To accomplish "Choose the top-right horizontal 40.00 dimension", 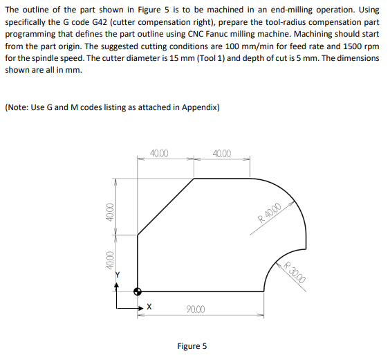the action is (x=223, y=153).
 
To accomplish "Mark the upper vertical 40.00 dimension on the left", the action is (x=108, y=212).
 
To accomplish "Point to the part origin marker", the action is (x=138, y=291).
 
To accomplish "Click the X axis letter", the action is (x=149, y=305).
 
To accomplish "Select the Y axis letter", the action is (x=118, y=275).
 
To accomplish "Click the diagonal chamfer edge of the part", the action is (x=166, y=206).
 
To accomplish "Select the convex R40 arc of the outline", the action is (x=288, y=201).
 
